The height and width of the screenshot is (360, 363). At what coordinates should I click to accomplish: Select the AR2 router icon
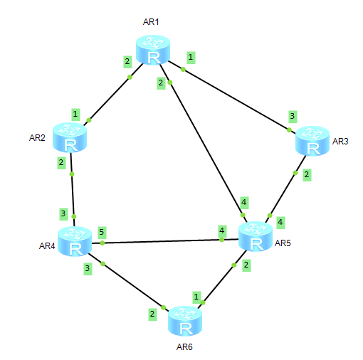click(x=70, y=138)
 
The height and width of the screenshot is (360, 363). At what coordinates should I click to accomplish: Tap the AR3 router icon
click(x=311, y=141)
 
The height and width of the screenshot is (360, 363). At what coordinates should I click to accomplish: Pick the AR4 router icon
click(x=75, y=242)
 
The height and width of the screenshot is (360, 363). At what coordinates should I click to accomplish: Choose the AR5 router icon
click(x=254, y=236)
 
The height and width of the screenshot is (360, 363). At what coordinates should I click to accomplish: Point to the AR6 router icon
click(x=185, y=322)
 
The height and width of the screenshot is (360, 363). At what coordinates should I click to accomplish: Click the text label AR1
click(x=151, y=22)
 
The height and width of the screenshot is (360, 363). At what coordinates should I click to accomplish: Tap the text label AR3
click(x=340, y=141)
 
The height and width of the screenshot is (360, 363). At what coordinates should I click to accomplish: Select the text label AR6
click(x=184, y=347)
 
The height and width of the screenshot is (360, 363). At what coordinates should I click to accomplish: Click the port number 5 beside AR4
click(x=102, y=232)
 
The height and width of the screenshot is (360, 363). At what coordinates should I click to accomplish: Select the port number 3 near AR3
click(x=291, y=115)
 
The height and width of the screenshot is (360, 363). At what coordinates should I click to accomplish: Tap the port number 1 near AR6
click(x=196, y=295)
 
